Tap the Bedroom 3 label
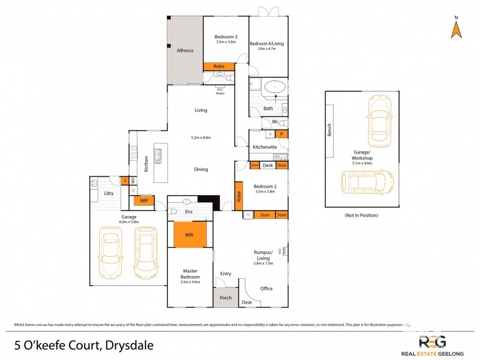click(x=226, y=37)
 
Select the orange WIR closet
click(x=189, y=235)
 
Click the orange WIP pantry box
click(x=144, y=201)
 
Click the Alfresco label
click(x=184, y=51)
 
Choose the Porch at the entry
click(x=225, y=298)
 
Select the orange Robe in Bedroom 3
click(x=218, y=66)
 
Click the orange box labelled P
click(x=281, y=134)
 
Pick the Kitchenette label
click(x=264, y=146)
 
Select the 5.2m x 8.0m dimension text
click(x=201, y=138)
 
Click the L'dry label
click(x=109, y=193)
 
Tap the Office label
click(x=266, y=289)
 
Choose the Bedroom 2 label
click(x=264, y=185)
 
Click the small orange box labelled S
click(x=125, y=180)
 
